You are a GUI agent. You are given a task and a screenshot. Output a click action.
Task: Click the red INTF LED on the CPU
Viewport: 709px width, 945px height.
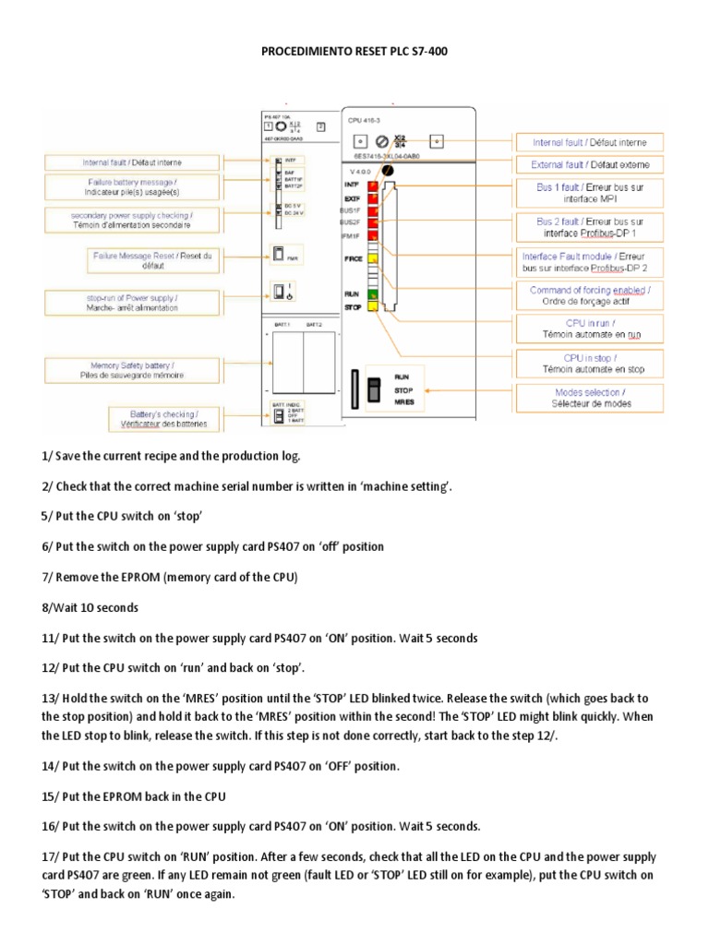point(373,185)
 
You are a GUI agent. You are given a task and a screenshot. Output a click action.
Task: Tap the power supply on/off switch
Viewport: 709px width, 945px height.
point(278,293)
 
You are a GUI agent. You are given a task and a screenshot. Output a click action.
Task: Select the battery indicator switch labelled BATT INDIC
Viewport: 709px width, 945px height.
point(277,416)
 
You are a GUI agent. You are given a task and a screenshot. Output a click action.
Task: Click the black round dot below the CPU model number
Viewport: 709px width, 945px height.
point(389,172)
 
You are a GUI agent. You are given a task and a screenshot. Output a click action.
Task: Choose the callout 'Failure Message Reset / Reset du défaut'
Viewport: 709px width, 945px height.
point(154,260)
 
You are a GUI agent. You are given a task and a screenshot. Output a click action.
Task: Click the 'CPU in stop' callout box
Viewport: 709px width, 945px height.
point(592,363)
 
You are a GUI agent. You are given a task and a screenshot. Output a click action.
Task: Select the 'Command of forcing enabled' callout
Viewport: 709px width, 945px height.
point(590,295)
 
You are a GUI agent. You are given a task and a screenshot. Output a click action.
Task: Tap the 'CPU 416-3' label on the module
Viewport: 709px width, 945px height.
point(364,121)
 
